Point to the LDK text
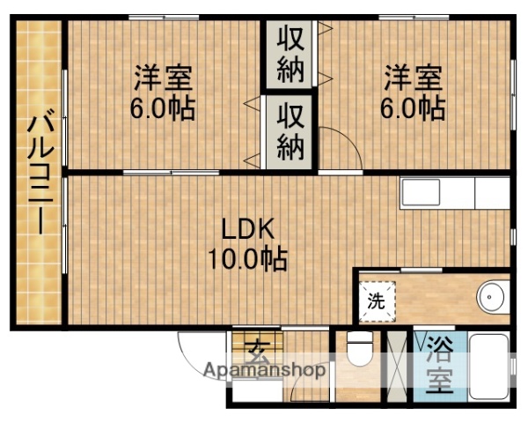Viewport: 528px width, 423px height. tap(249, 231)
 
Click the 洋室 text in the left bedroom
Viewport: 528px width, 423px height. tap(164, 78)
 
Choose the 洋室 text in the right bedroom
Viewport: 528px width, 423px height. tap(413, 78)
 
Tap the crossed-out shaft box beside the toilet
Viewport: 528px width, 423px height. tap(399, 365)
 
